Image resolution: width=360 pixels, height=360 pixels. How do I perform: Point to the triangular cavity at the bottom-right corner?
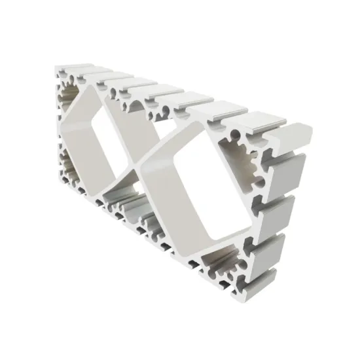click(x=219, y=265)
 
